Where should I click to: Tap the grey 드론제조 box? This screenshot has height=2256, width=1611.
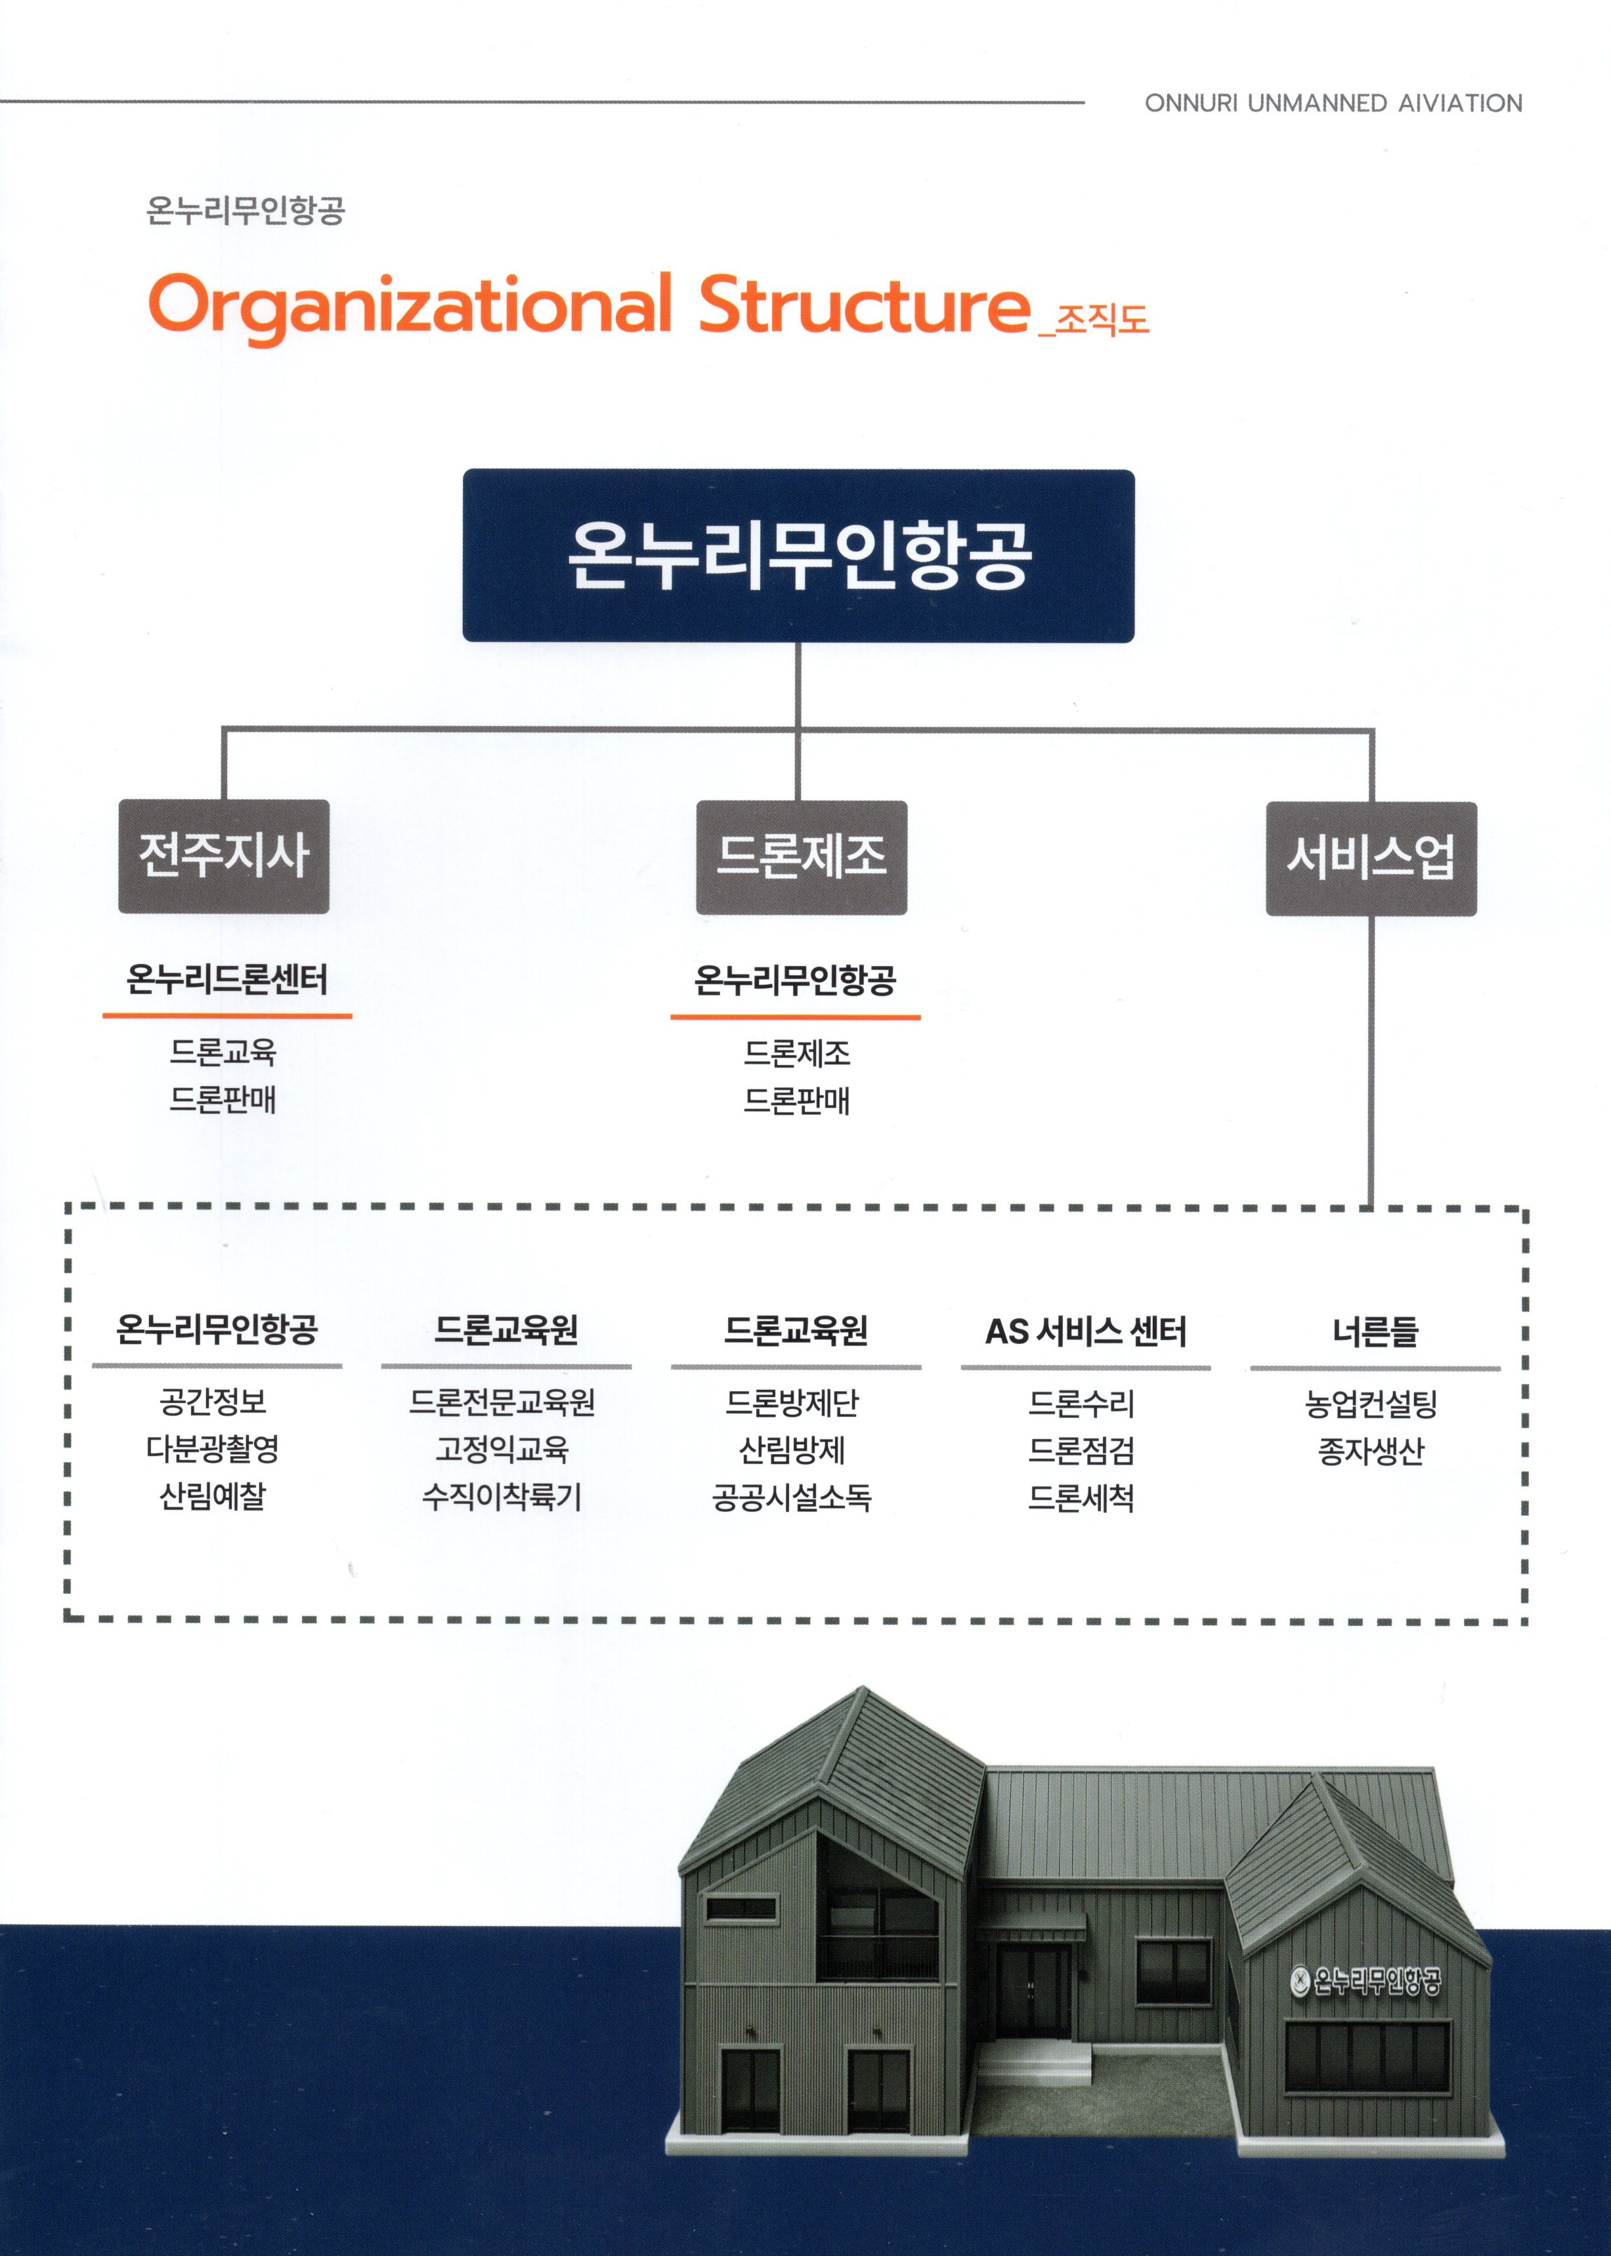pyautogui.click(x=802, y=857)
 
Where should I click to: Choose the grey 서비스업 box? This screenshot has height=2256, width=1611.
pyautogui.click(x=1371, y=858)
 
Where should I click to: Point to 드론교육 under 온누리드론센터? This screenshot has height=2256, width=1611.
pyautogui.click(x=223, y=1052)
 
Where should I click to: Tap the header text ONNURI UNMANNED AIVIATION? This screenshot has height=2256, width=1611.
pyautogui.click(x=1333, y=103)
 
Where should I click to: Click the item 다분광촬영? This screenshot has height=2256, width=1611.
pyautogui.click(x=213, y=1450)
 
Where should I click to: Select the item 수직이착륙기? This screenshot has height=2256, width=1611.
pyautogui.click(x=503, y=1496)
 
